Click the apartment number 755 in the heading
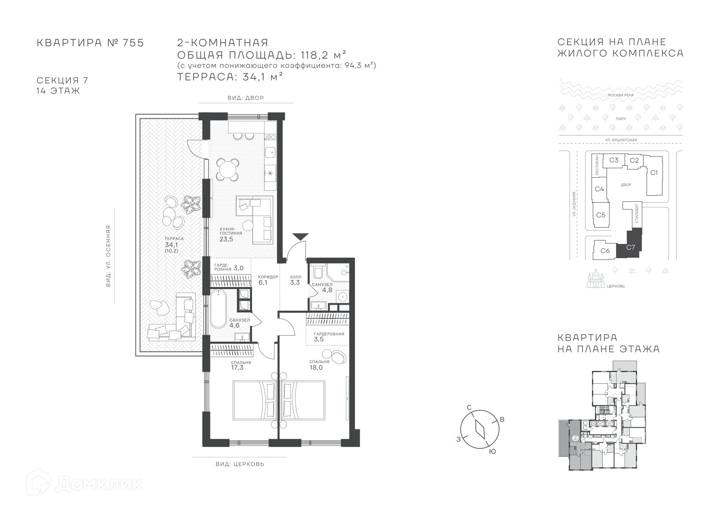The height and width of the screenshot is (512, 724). click(133, 43)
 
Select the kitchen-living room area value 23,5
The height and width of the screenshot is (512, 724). click(226, 240)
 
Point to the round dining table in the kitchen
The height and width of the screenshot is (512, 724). click(228, 169)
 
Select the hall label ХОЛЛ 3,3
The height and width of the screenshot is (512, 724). click(295, 280)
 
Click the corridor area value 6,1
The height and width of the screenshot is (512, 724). click(263, 283)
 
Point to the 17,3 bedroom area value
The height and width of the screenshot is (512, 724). click(237, 367)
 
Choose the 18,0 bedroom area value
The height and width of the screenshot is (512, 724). click(316, 367)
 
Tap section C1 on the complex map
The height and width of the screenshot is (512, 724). click(654, 173)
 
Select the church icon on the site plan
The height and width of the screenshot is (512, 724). click(595, 278)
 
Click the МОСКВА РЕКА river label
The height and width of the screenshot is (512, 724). click(621, 95)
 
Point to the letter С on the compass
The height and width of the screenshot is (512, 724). click(469, 407)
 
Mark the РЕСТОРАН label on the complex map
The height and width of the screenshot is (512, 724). click(597, 165)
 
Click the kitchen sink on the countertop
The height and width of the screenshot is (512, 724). click(270, 151)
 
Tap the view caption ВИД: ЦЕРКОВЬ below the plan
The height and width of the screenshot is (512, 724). click(240, 464)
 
